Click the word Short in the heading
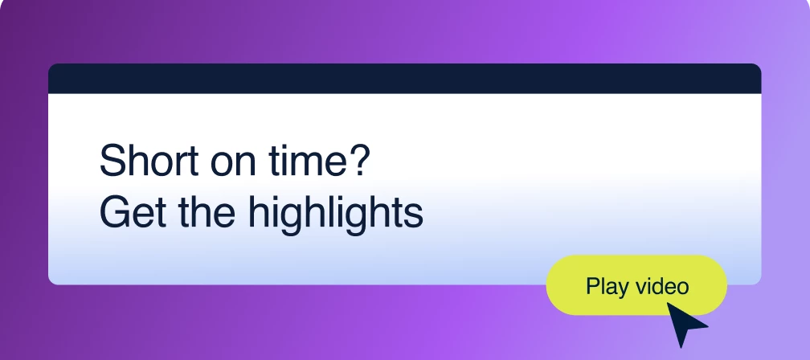pyautogui.click(x=149, y=161)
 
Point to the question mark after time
pyautogui.click(x=357, y=160)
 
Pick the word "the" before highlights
pyautogui.click(x=207, y=211)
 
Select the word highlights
pyautogui.click(x=336, y=215)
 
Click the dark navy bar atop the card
pyautogui.click(x=404, y=79)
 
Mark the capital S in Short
pyautogui.click(x=113, y=161)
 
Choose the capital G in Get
pyautogui.click(x=116, y=211)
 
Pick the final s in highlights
pyautogui.click(x=413, y=216)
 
